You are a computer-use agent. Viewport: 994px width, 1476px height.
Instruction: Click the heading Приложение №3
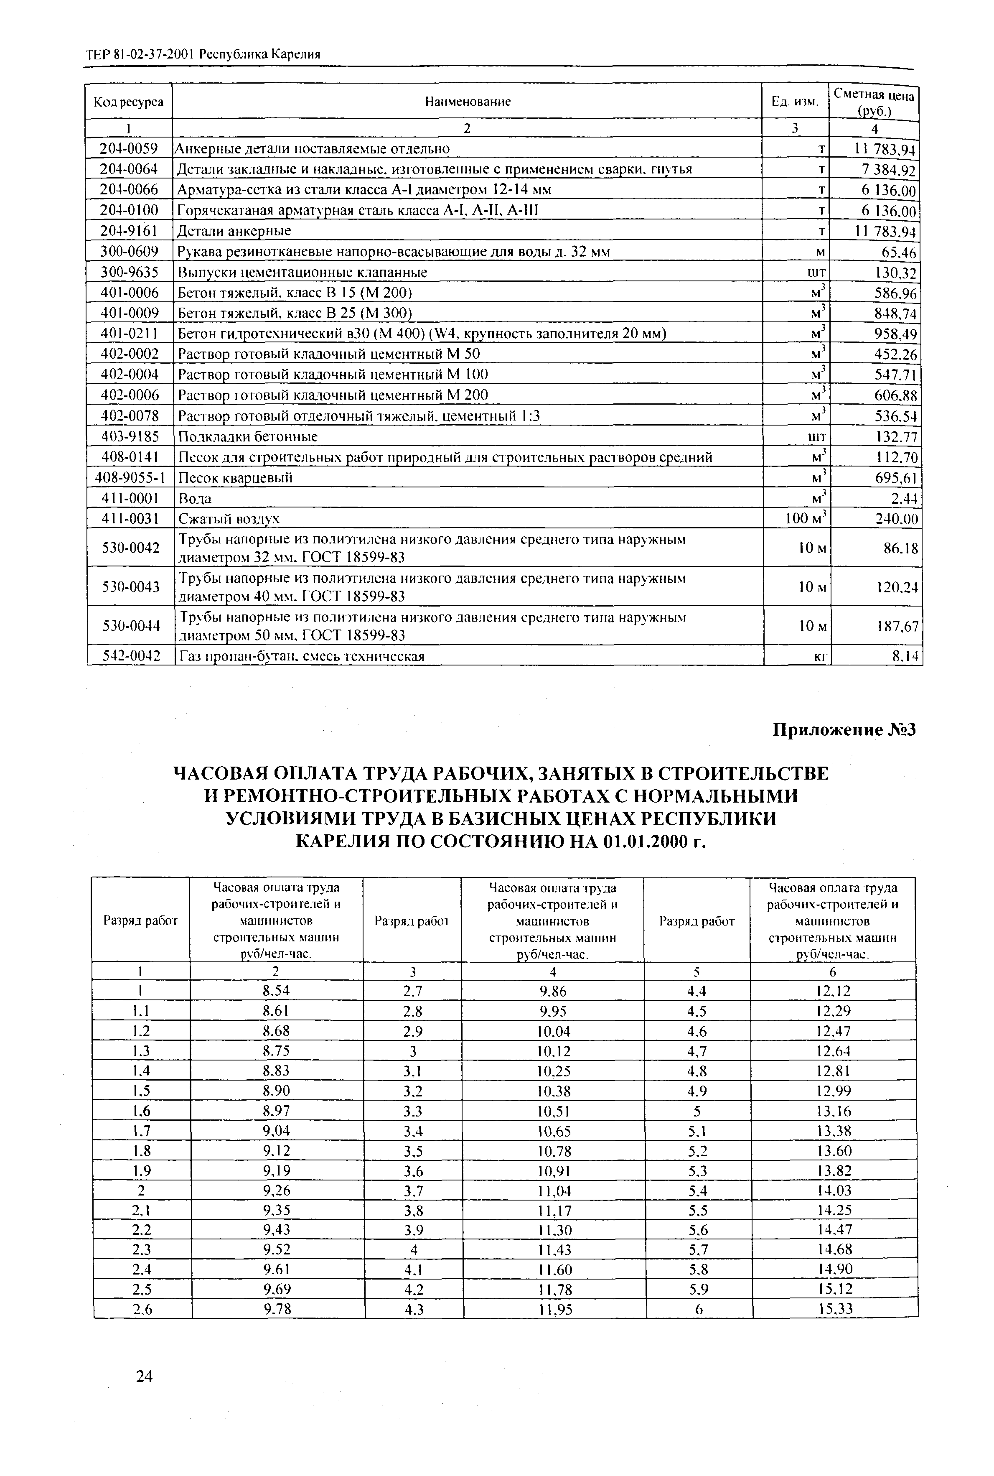tap(844, 730)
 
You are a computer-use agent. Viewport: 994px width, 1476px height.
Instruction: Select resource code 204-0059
tap(129, 148)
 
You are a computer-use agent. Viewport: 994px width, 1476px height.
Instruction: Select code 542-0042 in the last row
tap(131, 655)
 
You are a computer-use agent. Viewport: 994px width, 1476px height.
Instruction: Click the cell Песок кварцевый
tap(236, 477)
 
